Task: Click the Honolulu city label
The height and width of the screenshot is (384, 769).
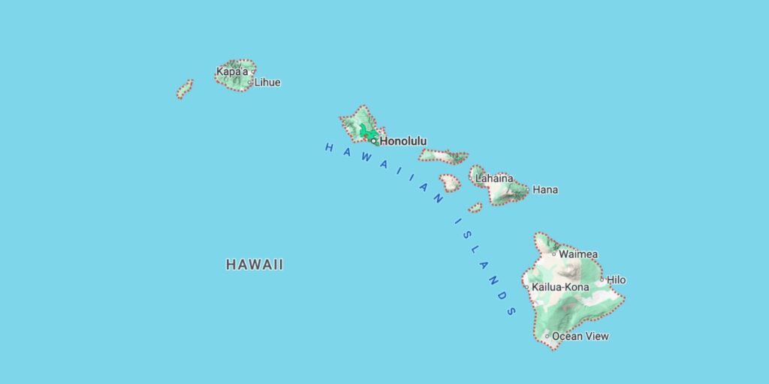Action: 403,141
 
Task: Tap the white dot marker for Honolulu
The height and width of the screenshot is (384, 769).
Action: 373,140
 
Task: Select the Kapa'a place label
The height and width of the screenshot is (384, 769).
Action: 232,72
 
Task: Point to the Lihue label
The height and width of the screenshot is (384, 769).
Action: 267,82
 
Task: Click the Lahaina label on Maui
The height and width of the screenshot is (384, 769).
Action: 494,178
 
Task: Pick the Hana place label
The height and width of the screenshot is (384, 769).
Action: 545,190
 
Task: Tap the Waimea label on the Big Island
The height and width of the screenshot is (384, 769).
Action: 578,254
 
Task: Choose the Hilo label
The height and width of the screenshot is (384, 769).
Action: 616,280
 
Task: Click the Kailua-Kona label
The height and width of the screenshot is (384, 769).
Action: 560,287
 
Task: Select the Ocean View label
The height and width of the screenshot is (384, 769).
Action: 581,336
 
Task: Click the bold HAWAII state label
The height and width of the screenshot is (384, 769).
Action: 255,265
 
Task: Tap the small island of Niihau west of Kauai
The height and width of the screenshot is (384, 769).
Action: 184,89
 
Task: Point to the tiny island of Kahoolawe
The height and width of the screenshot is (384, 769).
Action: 475,207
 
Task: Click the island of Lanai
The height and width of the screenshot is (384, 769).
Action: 450,182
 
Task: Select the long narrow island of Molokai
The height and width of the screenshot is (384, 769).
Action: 443,156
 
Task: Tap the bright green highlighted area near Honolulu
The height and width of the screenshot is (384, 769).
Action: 368,133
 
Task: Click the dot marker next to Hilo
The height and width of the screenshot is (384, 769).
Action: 602,279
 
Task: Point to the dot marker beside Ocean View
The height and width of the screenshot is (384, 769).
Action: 547,335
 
